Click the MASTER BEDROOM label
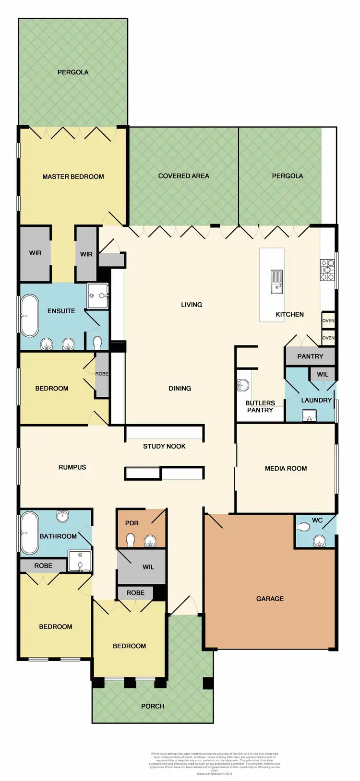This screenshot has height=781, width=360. click(73, 177)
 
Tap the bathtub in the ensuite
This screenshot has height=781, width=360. click(30, 316)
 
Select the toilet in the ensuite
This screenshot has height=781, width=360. click(97, 343)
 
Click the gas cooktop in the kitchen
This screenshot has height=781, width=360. click(327, 270)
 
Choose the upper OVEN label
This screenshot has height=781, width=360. click(328, 320)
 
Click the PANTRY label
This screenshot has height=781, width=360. click(310, 356)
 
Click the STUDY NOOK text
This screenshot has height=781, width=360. click(164, 446)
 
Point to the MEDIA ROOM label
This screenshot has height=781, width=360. click(286, 468)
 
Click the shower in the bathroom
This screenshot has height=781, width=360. click(80, 560)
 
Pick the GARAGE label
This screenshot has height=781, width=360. click(270, 599)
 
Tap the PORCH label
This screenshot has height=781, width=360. click(153, 706)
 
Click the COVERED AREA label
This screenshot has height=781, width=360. click(183, 176)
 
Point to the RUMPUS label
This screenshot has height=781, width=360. click(72, 467)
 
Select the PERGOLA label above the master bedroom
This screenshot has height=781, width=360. click(73, 72)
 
